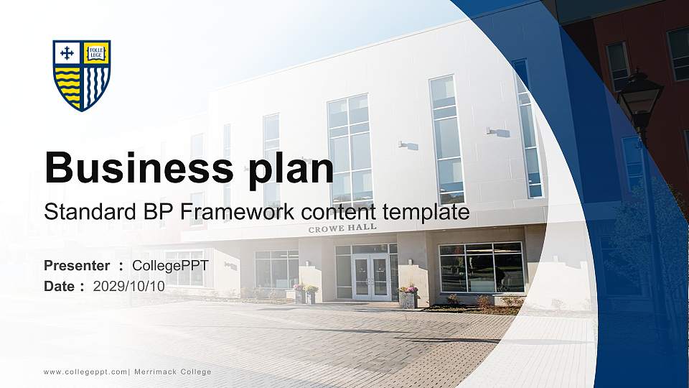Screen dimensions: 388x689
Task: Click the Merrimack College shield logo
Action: pos(82,75)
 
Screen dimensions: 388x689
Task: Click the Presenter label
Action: pos(77,266)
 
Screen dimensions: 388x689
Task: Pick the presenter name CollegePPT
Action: pos(170,266)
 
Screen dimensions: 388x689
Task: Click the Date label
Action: pos(60,286)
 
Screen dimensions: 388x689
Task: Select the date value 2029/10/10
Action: pos(129,286)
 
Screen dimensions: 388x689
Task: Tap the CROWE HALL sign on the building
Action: pos(342,228)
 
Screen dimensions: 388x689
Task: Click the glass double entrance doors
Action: pos(372,277)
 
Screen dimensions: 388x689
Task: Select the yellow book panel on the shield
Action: pos(95,52)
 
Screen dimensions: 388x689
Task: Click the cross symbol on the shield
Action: pos(67,52)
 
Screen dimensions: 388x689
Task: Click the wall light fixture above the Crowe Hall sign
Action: pos(408,145)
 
